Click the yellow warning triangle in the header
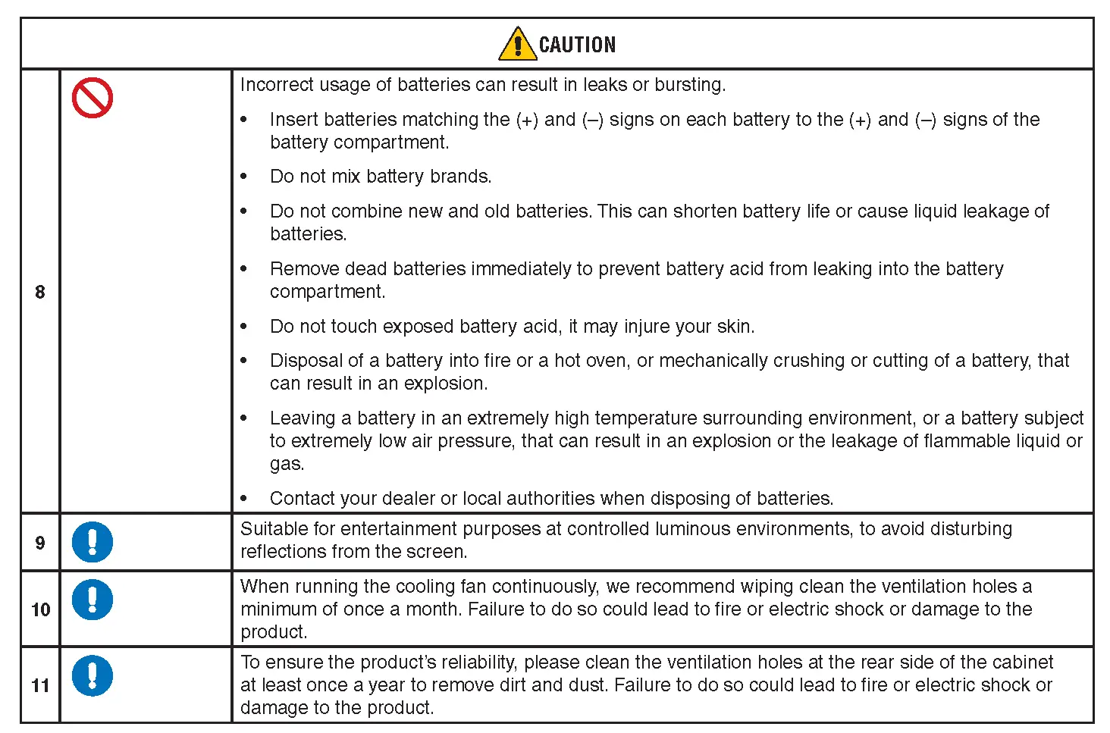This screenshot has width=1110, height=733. tap(518, 44)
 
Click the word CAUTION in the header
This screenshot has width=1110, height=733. tap(577, 45)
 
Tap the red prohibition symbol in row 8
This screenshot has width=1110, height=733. tap(92, 99)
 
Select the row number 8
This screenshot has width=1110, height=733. tap(40, 292)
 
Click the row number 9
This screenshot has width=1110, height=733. tap(40, 543)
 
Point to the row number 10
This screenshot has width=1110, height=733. tap(40, 609)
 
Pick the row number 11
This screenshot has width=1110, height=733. tap(40, 685)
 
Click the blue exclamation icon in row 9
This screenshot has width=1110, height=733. tap(92, 542)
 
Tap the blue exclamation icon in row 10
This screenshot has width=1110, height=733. tap(92, 600)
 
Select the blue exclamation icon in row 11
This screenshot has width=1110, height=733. tap(92, 675)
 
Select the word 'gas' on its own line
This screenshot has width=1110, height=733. tap(286, 465)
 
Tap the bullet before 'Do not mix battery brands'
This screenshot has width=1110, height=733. tap(244, 177)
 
